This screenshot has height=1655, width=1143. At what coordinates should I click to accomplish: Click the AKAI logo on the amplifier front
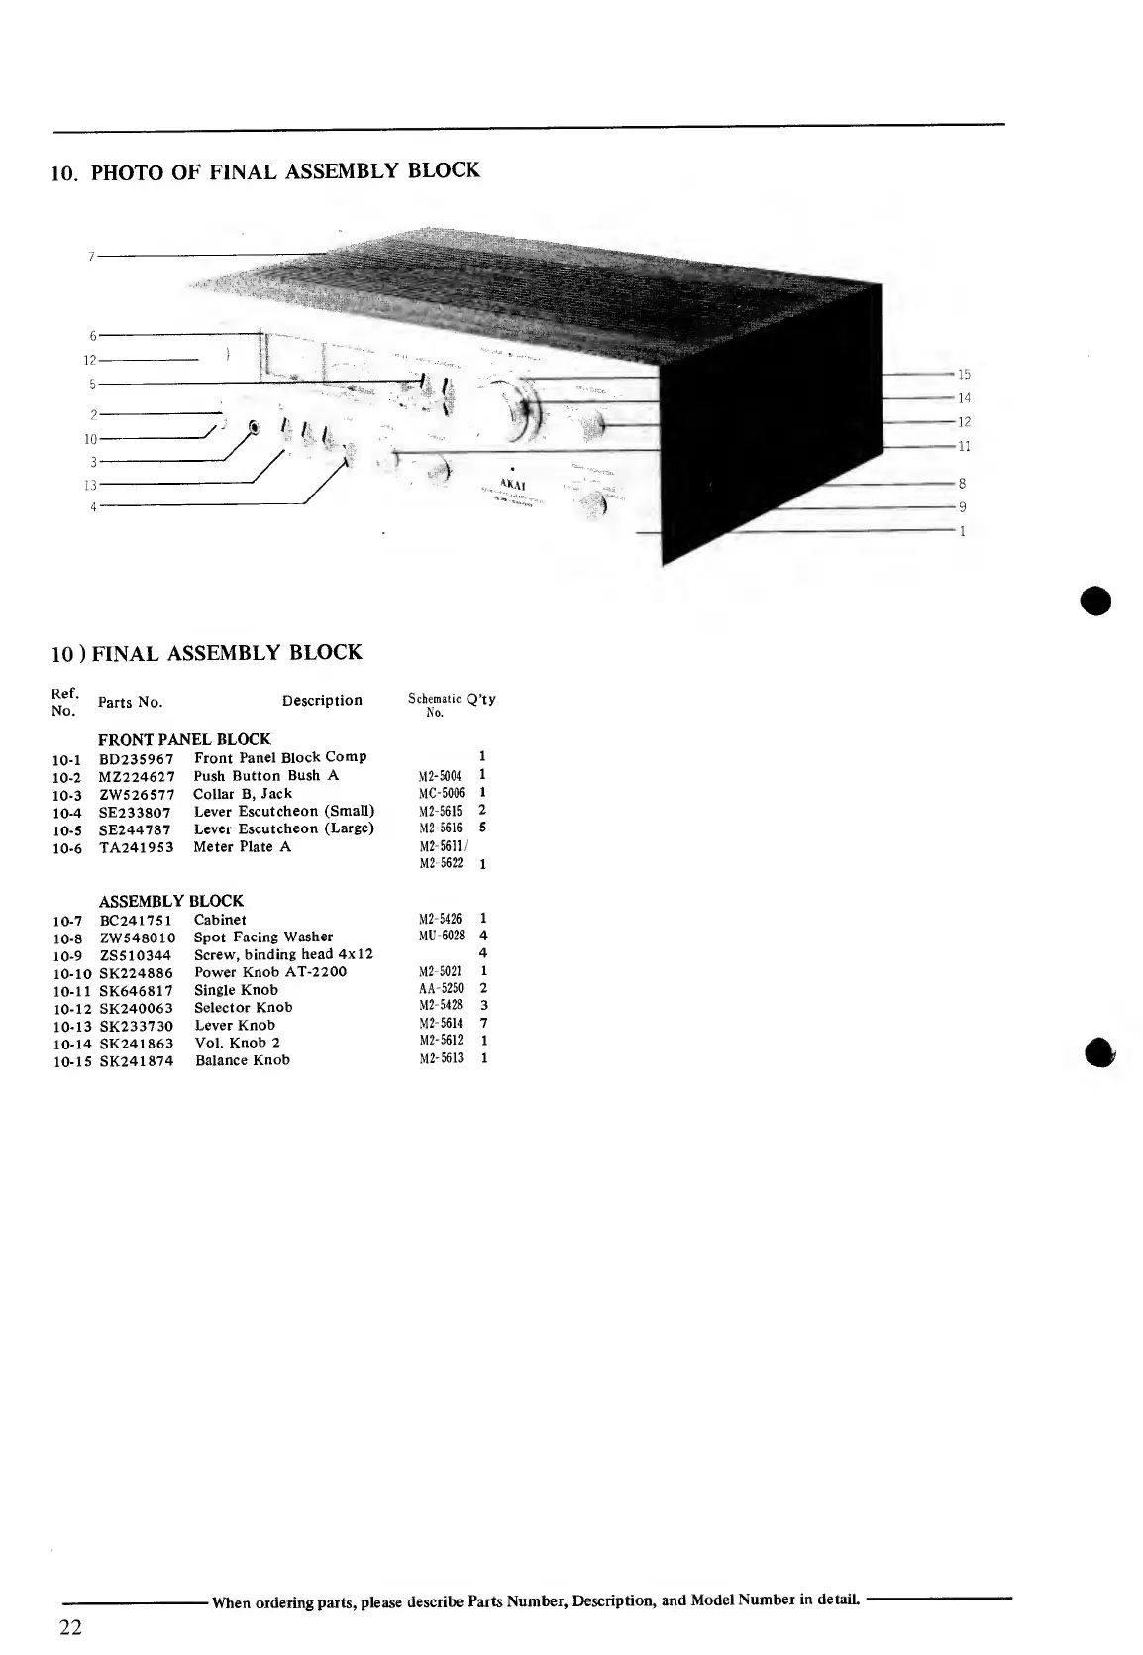pos(512,485)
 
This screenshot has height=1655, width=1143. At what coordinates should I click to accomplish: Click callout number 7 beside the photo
pos(90,256)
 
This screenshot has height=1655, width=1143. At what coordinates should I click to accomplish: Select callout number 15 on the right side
pos(964,375)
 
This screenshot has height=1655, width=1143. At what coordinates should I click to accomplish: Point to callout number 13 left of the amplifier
pos(90,485)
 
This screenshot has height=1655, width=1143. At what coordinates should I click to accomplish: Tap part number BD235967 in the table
pos(137,758)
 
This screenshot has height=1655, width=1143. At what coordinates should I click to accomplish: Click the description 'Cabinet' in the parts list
pos(220,920)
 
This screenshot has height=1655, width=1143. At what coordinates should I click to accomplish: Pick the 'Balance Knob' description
pos(243,1060)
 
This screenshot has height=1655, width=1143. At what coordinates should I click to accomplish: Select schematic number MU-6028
pos(442,937)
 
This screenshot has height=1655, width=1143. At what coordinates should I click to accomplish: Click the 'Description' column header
pos(322,701)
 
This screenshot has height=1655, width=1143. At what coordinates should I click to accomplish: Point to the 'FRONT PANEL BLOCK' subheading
pos(184,739)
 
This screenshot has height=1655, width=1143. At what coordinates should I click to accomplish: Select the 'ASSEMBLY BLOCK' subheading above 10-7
pos(170,901)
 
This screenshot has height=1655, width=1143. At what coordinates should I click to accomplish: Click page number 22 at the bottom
pos(70,1628)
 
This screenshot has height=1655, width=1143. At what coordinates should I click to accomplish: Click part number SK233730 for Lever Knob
pos(137,1026)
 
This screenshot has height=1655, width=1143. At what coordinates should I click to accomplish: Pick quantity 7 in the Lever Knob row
pos(483,1024)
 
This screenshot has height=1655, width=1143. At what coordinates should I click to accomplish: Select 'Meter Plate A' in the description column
pos(243,847)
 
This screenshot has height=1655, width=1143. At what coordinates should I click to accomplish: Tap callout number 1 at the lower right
pos(962,532)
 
